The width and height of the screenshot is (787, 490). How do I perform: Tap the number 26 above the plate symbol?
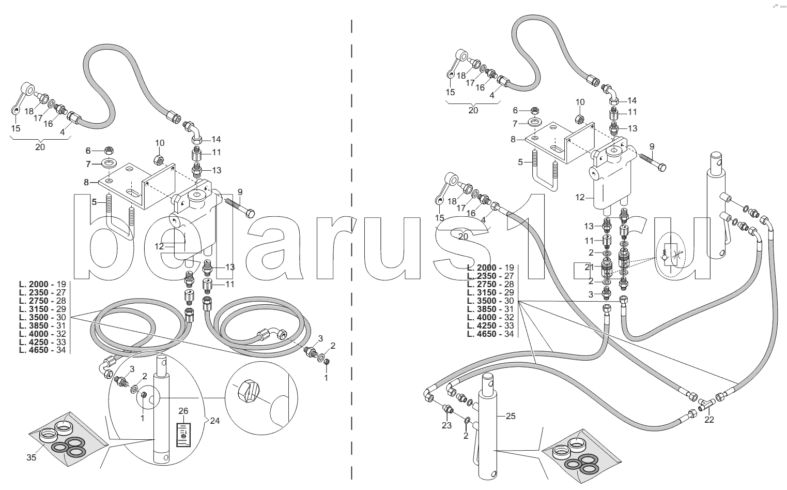[183, 411]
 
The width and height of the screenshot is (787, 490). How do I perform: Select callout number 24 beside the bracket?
[215, 421]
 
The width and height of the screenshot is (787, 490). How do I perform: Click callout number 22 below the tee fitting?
[709, 420]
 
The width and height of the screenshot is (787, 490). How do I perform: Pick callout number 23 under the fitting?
[446, 425]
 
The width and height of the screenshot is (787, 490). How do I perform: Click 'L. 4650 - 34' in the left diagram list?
[43, 350]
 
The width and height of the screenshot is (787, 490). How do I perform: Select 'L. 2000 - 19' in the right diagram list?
[490, 268]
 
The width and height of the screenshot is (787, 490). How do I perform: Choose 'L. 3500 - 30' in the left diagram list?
[43, 317]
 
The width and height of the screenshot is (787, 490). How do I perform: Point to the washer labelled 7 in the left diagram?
[109, 164]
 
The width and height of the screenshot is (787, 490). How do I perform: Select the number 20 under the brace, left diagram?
[40, 147]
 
